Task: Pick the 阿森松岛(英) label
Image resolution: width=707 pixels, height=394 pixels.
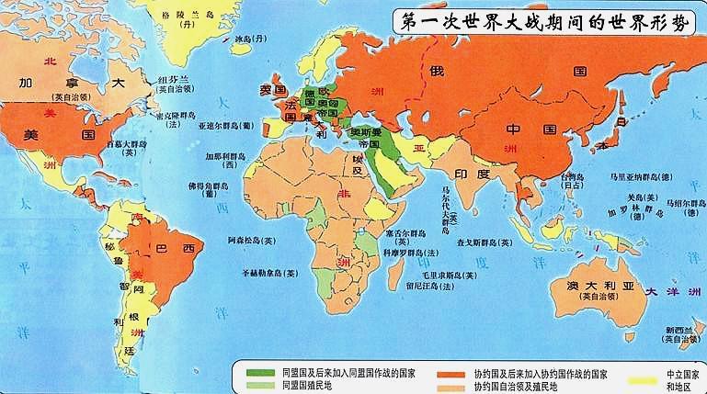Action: pyautogui.click(x=250, y=240)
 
